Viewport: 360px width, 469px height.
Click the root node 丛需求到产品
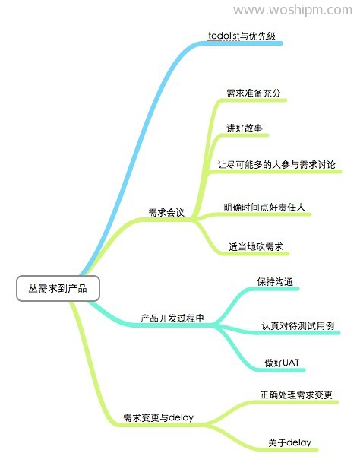point(58,288)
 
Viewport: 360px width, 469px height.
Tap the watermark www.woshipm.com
point(292,10)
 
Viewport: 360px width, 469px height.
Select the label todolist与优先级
point(242,36)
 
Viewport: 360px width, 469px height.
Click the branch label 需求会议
point(166,212)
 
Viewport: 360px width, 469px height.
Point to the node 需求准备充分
point(254,93)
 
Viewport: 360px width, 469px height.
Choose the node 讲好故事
point(245,128)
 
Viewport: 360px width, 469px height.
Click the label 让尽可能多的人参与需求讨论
point(276,164)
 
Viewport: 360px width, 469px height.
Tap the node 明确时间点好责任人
point(264,207)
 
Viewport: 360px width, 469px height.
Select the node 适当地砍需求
point(256,246)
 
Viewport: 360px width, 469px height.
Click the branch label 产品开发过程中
point(172,318)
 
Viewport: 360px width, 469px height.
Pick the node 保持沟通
point(275,281)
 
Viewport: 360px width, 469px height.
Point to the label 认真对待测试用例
point(298,326)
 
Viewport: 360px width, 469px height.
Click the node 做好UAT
point(282,363)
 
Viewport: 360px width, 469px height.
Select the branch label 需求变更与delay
point(158,417)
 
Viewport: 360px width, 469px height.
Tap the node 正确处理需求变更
point(296,395)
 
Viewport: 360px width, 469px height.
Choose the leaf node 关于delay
point(289,442)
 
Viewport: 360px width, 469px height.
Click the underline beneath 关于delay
point(292,449)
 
